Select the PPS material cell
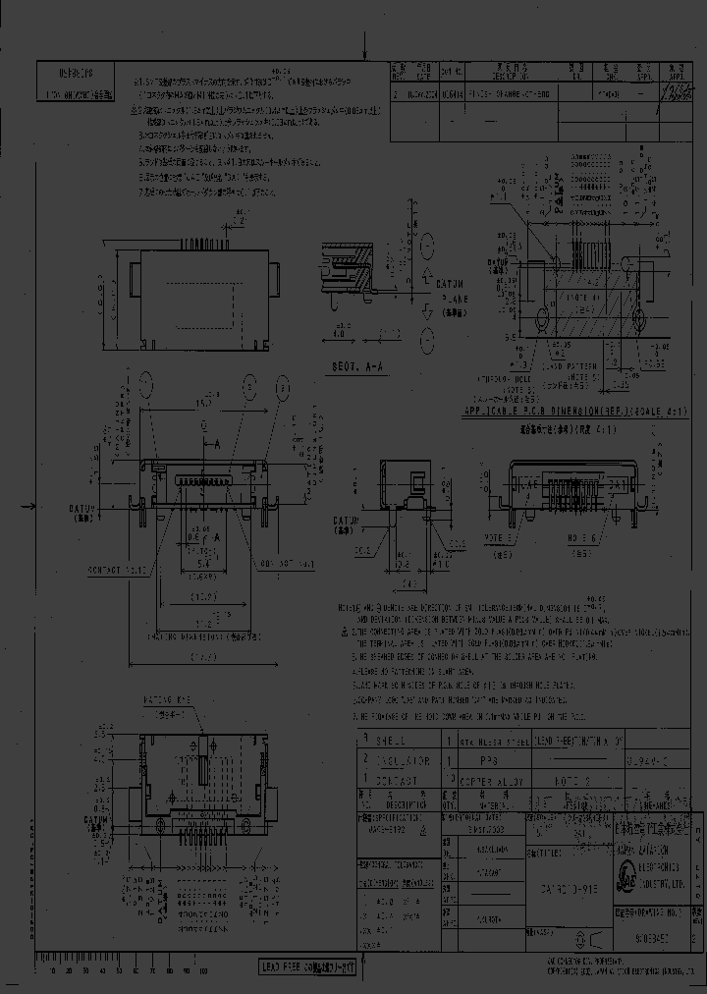pos(485,760)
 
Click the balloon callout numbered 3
pos(283,389)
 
